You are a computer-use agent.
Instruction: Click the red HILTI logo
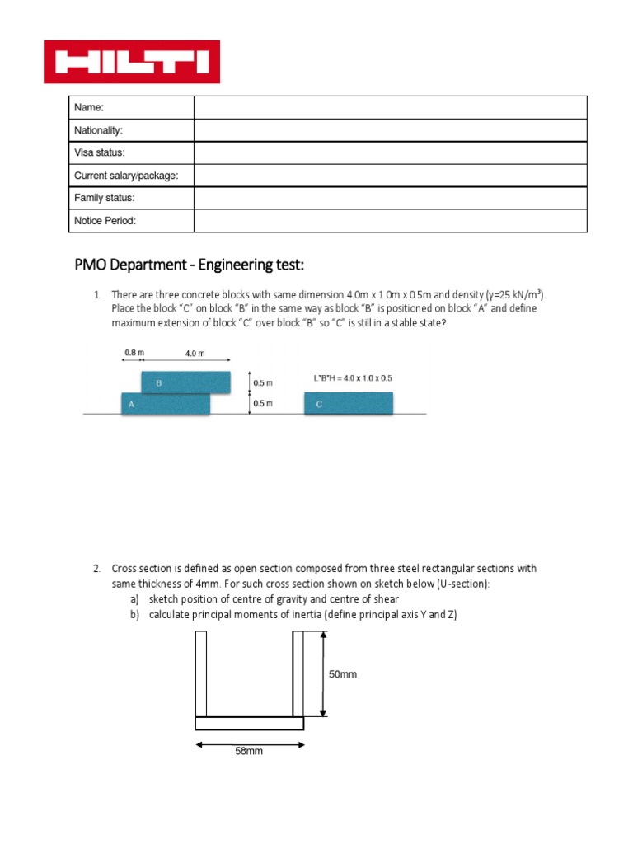[x=132, y=62]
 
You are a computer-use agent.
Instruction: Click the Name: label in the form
[x=89, y=108]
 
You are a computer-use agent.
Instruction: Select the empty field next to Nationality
[x=390, y=130]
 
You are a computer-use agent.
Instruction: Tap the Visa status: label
[x=100, y=153]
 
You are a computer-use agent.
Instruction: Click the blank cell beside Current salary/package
[x=390, y=176]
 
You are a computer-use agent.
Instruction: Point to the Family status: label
[x=104, y=198]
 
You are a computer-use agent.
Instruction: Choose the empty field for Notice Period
[x=390, y=221]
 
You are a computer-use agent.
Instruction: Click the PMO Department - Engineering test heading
[x=190, y=265]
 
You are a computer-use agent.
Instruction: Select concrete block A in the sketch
[x=166, y=404]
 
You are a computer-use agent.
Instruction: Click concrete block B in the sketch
[x=185, y=382]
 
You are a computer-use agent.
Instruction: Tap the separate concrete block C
[x=349, y=404]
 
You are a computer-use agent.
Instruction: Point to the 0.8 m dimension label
[x=133, y=353]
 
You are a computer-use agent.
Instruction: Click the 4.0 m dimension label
[x=195, y=354]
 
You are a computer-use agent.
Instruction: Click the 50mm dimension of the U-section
[x=343, y=674]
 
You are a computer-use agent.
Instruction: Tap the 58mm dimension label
[x=249, y=751]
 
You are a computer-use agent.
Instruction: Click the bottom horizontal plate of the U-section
[x=250, y=723]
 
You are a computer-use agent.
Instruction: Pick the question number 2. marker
[x=96, y=569]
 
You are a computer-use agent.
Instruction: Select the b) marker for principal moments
[x=134, y=614]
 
